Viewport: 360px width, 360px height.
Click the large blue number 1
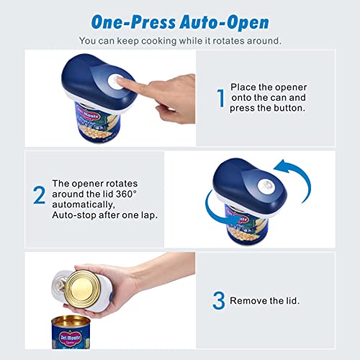click(x=221, y=98)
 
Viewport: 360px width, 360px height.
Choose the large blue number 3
click(x=219, y=300)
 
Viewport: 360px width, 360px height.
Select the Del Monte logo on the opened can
click(x=74, y=334)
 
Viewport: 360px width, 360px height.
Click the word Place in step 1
click(x=243, y=87)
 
